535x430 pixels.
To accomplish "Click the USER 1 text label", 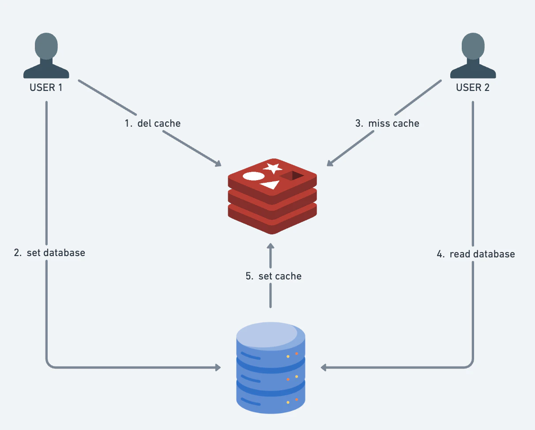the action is tap(46, 87).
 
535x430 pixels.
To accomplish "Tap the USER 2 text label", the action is tap(473, 87).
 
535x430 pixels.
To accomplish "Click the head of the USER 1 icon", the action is tap(46, 46).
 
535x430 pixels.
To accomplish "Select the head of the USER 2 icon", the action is tap(473, 46).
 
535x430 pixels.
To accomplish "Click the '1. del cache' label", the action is tap(153, 123).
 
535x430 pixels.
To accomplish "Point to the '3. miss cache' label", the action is tap(387, 123).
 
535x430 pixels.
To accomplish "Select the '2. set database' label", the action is tap(49, 253).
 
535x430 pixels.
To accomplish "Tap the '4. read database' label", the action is tap(476, 254).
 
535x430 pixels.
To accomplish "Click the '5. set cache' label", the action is tap(274, 276).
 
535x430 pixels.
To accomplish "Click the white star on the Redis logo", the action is tap(273, 168).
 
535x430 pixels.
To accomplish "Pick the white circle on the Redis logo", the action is tap(253, 176).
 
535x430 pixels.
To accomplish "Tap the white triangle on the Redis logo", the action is tap(270, 185).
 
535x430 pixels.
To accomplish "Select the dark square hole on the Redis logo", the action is tap(292, 176).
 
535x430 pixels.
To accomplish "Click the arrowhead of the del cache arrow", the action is tap(218, 164).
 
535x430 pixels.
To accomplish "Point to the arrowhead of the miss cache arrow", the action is tap(330, 163).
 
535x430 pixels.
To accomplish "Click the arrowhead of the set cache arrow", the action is tap(271, 246).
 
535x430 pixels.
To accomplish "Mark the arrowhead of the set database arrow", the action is tap(218, 367).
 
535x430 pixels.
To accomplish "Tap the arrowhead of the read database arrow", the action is tap(324, 367).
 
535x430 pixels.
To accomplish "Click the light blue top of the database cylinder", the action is tap(271, 335).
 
